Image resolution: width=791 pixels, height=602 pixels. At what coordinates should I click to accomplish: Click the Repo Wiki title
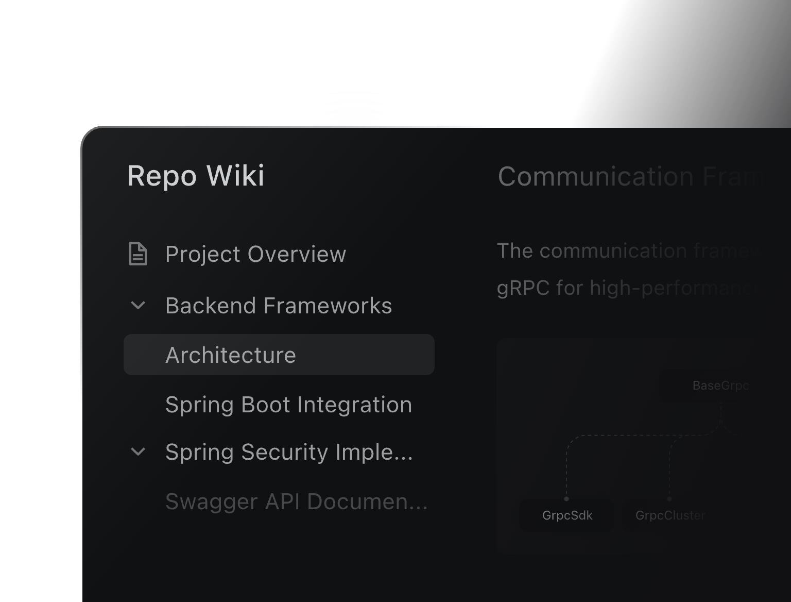(x=196, y=176)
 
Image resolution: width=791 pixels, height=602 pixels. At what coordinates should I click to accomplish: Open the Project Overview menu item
(x=255, y=254)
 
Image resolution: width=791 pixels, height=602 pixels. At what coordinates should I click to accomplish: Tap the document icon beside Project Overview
(x=137, y=254)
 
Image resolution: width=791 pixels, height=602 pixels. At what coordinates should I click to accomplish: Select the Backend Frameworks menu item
(x=278, y=306)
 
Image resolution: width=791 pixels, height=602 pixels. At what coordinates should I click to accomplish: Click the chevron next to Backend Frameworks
(x=138, y=306)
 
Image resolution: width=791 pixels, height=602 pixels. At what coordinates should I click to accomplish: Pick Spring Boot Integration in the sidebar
(x=288, y=405)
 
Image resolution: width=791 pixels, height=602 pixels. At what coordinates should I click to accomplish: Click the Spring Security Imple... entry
(x=288, y=452)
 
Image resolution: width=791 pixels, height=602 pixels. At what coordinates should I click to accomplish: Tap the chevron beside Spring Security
(x=138, y=452)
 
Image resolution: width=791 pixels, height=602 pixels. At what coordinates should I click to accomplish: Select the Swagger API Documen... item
(x=296, y=501)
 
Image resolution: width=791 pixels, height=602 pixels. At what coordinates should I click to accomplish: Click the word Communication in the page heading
(x=596, y=177)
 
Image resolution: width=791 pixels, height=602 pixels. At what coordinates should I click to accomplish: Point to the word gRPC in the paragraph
(x=523, y=288)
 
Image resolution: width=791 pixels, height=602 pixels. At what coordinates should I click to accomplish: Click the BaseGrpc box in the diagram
(x=719, y=386)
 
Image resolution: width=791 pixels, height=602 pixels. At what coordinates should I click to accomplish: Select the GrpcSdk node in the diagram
(x=567, y=515)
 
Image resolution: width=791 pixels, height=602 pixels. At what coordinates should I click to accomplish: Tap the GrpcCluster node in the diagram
(x=669, y=515)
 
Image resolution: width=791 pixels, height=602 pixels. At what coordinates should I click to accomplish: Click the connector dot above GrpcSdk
(x=566, y=498)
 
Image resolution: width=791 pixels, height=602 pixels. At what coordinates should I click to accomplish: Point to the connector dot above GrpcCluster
(x=669, y=498)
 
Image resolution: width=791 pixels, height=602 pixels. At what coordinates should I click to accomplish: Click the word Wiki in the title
(x=235, y=176)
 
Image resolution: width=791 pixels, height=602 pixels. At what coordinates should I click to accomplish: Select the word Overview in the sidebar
(x=297, y=254)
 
